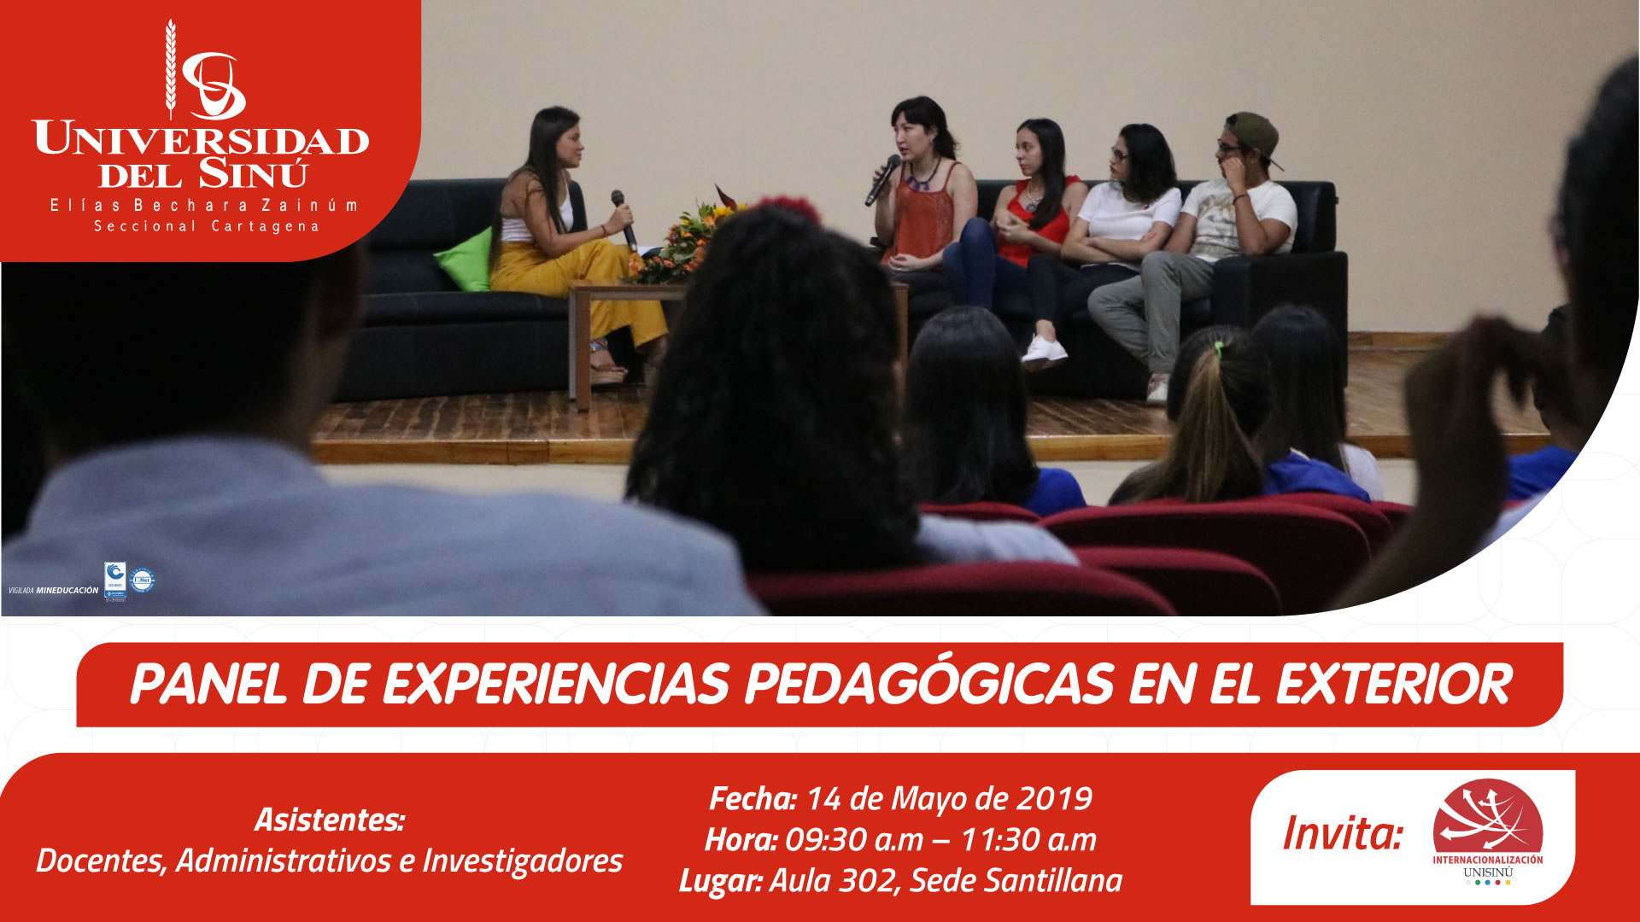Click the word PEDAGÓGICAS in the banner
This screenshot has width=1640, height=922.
click(x=929, y=685)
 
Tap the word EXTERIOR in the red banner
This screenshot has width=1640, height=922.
click(x=1394, y=685)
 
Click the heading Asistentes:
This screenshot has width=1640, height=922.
click(x=329, y=820)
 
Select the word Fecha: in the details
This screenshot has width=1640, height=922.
click(x=753, y=799)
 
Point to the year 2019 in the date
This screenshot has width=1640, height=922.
click(x=1056, y=799)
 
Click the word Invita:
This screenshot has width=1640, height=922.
click(x=1343, y=833)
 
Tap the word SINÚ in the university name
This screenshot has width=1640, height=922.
click(x=253, y=175)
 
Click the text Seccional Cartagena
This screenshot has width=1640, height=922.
click(x=206, y=226)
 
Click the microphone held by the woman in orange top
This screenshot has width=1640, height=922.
click(x=882, y=180)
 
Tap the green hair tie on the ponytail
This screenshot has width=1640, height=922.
click(x=1220, y=347)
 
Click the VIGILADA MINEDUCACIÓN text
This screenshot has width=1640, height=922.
click(x=54, y=590)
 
